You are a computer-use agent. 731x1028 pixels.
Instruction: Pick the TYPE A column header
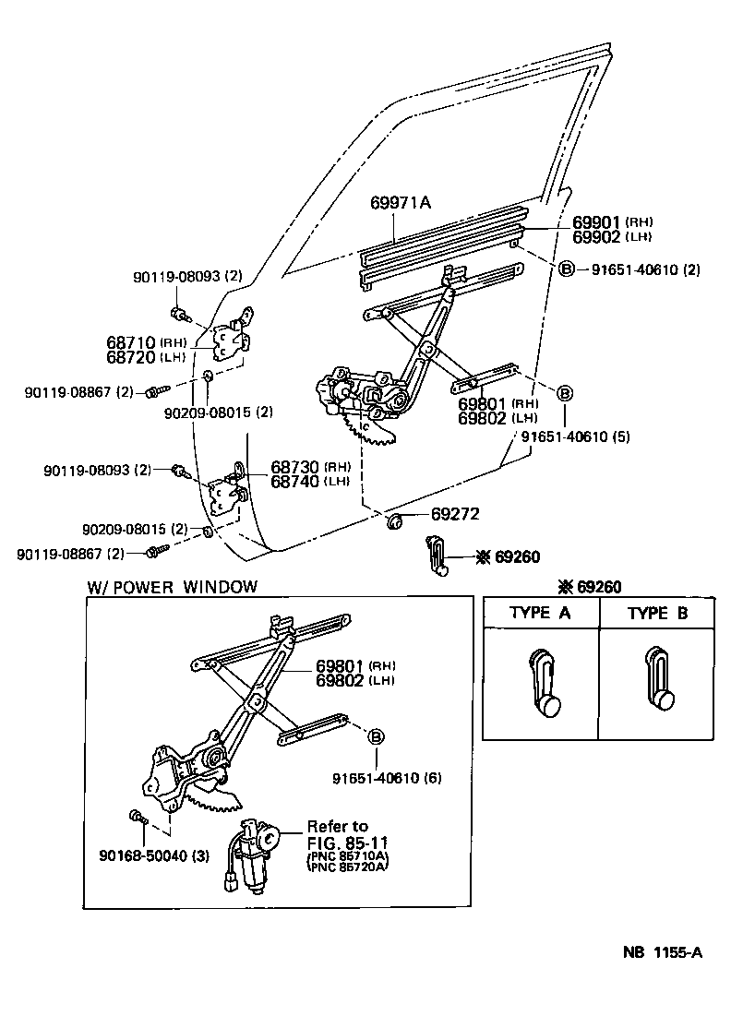pos(541,613)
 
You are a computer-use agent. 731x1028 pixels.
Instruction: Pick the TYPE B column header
pos(658,613)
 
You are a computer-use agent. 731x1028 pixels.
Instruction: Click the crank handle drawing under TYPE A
pos(541,684)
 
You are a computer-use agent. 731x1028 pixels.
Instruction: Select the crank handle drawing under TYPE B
pos(657,684)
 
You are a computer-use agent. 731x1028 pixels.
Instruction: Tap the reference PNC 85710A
pos(345,855)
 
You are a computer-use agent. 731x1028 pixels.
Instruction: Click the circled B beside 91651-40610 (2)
pos(566,269)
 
